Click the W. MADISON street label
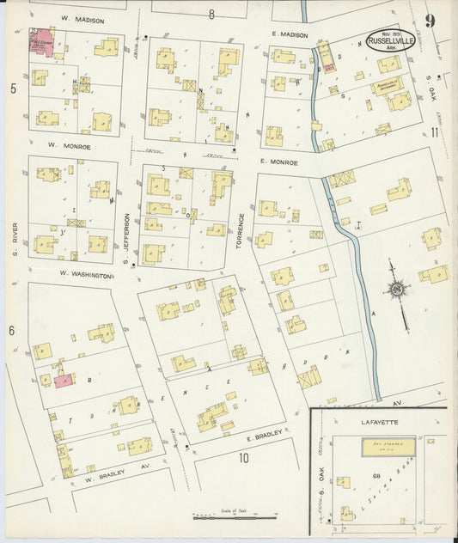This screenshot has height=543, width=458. [82, 20]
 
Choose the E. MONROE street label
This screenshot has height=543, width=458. [278, 162]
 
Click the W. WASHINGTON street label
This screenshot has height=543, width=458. [86, 275]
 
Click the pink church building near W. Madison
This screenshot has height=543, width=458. [40, 43]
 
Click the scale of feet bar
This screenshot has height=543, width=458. [235, 517]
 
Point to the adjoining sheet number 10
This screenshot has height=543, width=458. [243, 457]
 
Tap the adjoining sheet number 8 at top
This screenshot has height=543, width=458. [211, 14]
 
